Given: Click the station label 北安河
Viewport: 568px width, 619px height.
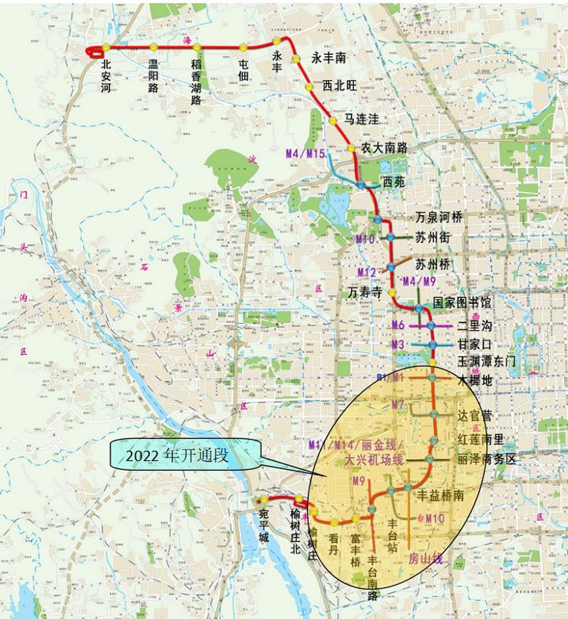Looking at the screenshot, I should click(x=106, y=75).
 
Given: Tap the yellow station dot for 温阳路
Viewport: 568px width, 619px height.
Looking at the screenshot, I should click(x=153, y=47).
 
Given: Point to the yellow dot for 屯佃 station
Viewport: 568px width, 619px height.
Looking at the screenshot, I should click(x=243, y=47).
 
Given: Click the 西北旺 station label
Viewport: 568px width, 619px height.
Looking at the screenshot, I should click(x=339, y=86).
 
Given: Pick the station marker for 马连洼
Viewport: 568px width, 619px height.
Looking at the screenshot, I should click(x=333, y=120).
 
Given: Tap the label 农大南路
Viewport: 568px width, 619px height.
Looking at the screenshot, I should click(x=385, y=148).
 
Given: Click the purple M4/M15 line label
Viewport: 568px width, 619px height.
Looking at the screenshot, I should click(x=305, y=154).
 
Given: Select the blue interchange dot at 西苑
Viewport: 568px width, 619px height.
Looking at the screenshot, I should click(x=361, y=185).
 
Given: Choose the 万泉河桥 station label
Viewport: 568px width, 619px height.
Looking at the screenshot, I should click(x=439, y=217).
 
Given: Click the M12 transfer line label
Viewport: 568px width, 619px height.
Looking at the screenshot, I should click(x=366, y=272).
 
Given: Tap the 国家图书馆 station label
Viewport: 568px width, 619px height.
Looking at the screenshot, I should click(x=462, y=303).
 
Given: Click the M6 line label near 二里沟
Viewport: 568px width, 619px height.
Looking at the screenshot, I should click(x=397, y=325).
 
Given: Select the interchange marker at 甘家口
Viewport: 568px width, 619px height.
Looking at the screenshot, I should click(x=432, y=344).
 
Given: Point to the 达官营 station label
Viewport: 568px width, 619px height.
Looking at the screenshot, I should click(x=474, y=416).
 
